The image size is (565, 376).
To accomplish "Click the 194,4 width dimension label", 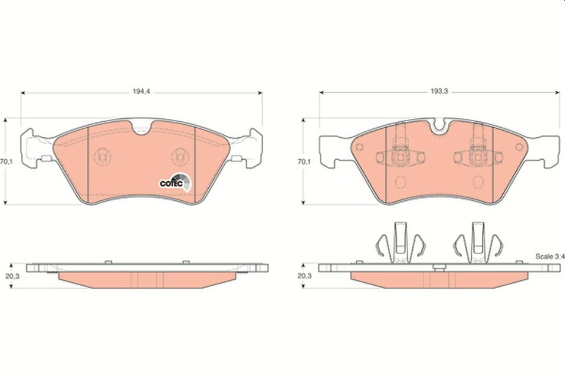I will pos(141,92).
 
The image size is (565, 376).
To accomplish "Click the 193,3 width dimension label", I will pos(438,92).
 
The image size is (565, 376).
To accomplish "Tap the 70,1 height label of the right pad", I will pos(304,161).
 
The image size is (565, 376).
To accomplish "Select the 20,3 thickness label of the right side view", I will pos(304,276).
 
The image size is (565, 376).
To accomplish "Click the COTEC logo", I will pos(175,182).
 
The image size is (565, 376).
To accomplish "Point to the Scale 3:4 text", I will pos(548,257).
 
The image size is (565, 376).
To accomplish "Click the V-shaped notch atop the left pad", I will pos(143,129).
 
